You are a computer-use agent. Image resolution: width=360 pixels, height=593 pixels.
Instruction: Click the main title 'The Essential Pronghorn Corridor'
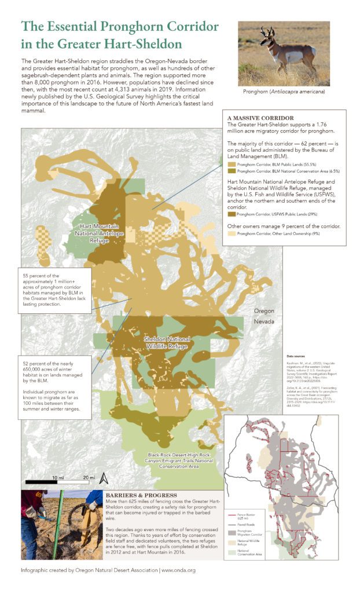tap(120, 27)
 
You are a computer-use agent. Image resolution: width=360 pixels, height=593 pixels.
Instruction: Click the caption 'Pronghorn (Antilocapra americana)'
tap(284, 91)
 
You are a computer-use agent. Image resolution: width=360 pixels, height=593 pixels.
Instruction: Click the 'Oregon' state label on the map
tap(263, 310)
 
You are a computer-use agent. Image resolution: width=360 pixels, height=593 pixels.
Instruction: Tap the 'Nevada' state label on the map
tap(263, 321)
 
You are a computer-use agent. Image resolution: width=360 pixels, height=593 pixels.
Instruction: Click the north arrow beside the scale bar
tap(102, 478)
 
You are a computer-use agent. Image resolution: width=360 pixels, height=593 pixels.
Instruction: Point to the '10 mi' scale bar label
tap(57, 477)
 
